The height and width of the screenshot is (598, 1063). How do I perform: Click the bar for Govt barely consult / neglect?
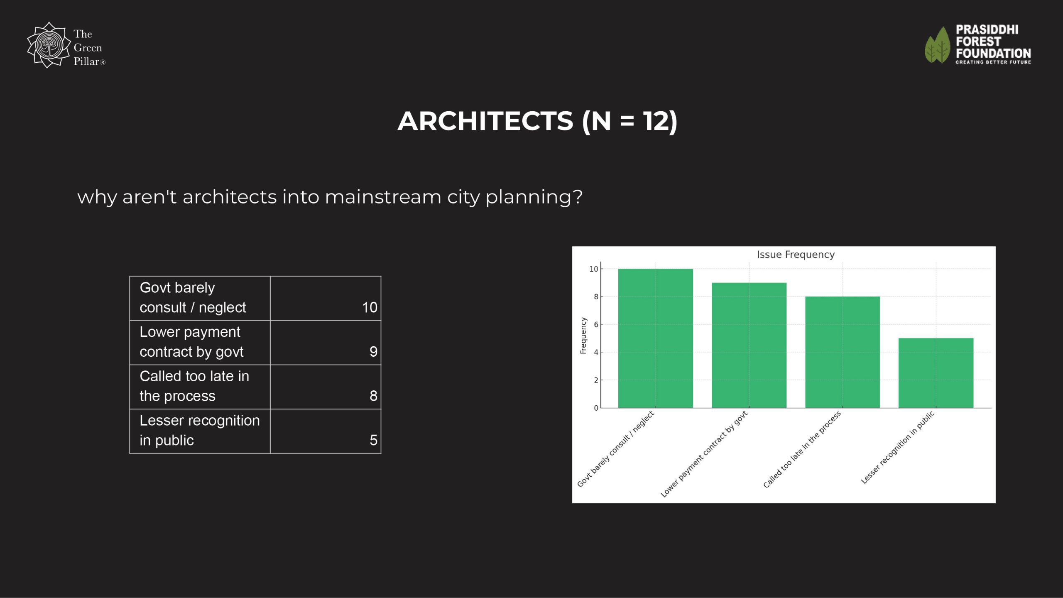click(x=655, y=338)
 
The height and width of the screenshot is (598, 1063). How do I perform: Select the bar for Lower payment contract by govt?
click(x=749, y=345)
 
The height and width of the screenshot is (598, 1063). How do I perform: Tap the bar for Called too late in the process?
click(x=843, y=352)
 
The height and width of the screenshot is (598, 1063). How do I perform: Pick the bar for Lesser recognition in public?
click(x=936, y=373)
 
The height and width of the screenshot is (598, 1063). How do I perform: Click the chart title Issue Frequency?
click(x=796, y=255)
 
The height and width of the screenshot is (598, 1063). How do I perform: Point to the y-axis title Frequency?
click(x=583, y=336)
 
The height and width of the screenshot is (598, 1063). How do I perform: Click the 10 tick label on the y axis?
click(x=594, y=269)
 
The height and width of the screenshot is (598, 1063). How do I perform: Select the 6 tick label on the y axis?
click(x=596, y=324)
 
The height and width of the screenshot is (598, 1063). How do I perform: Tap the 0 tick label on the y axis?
click(x=596, y=408)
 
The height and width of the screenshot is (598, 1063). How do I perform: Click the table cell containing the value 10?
click(x=326, y=298)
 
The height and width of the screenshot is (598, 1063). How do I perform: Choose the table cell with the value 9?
click(x=326, y=343)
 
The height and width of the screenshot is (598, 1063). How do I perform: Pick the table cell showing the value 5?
click(x=326, y=431)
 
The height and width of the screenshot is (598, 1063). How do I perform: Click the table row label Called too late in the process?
click(x=194, y=386)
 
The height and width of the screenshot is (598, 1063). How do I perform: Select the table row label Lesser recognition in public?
click(x=200, y=430)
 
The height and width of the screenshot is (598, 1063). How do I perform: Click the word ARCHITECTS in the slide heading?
click(x=485, y=121)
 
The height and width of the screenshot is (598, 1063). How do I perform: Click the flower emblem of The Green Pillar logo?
click(x=49, y=45)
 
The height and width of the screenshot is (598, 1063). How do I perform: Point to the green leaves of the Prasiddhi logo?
click(x=937, y=45)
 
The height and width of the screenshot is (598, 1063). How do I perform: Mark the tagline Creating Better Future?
click(x=993, y=62)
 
